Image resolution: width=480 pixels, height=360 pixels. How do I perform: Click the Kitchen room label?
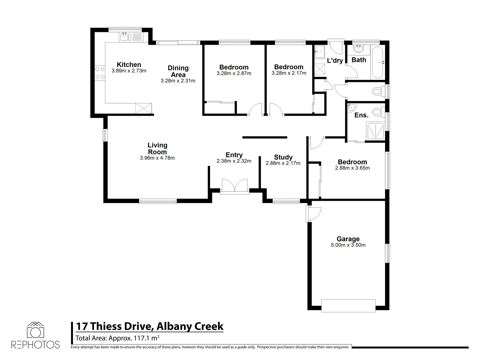[129, 65]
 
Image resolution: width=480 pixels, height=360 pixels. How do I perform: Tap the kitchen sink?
[125, 37]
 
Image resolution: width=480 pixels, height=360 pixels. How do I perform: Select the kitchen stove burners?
[99, 73]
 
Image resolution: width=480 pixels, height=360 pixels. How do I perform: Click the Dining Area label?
[178, 71]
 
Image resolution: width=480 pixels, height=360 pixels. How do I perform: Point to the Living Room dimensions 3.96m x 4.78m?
[157, 158]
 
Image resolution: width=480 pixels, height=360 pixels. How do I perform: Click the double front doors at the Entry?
[235, 185]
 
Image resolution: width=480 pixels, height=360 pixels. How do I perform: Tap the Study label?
[283, 157]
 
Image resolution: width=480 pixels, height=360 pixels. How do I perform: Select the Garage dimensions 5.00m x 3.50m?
[348, 245]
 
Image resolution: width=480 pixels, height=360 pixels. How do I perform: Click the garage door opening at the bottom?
[348, 305]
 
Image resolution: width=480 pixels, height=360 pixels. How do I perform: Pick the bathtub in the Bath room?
[378, 62]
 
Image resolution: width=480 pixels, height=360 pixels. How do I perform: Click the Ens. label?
[361, 115]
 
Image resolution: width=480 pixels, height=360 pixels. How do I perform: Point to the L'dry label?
[335, 61]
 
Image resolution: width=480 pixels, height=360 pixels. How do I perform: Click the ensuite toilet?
[377, 111]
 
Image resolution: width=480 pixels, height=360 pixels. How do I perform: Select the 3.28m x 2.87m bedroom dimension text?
[234, 73]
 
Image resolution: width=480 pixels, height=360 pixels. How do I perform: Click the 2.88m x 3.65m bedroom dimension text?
[352, 168]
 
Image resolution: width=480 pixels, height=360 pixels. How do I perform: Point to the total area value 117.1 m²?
[146, 338]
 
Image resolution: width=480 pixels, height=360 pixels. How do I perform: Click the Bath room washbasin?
[359, 49]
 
